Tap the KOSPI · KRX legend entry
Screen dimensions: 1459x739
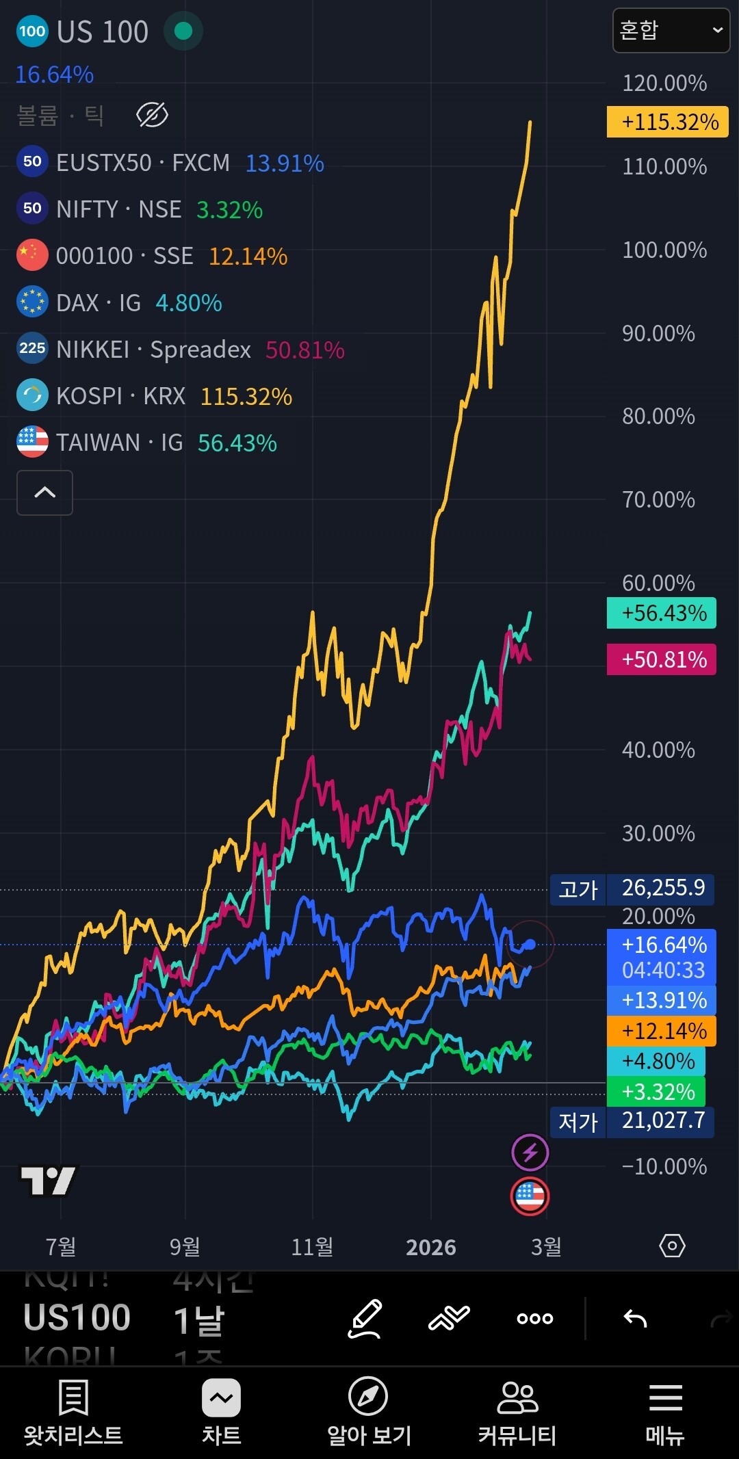tap(120, 396)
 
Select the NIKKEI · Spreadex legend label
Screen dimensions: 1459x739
tap(153, 350)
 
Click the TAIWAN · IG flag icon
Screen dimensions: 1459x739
tap(32, 443)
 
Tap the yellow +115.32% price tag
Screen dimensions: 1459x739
tap(667, 122)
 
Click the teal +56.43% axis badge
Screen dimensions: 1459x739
tap(661, 613)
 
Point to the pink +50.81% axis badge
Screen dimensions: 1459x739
tap(661, 659)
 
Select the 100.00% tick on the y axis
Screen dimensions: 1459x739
tap(664, 250)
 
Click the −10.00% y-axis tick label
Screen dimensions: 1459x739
tap(664, 1166)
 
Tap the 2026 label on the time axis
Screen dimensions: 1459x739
tap(430, 1247)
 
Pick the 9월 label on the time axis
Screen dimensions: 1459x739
tap(185, 1246)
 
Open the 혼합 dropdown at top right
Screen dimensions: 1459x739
tap(671, 30)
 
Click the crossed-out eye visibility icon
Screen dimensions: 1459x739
tap(152, 115)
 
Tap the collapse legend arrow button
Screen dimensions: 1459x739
tap(44, 492)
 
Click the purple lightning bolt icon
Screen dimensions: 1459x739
tap(530, 1153)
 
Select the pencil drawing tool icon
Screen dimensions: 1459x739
tap(365, 1318)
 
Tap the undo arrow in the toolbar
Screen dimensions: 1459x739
tap(635, 1318)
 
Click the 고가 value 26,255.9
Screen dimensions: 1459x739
tap(662, 888)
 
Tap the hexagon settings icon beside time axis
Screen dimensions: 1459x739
tap(672, 1246)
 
